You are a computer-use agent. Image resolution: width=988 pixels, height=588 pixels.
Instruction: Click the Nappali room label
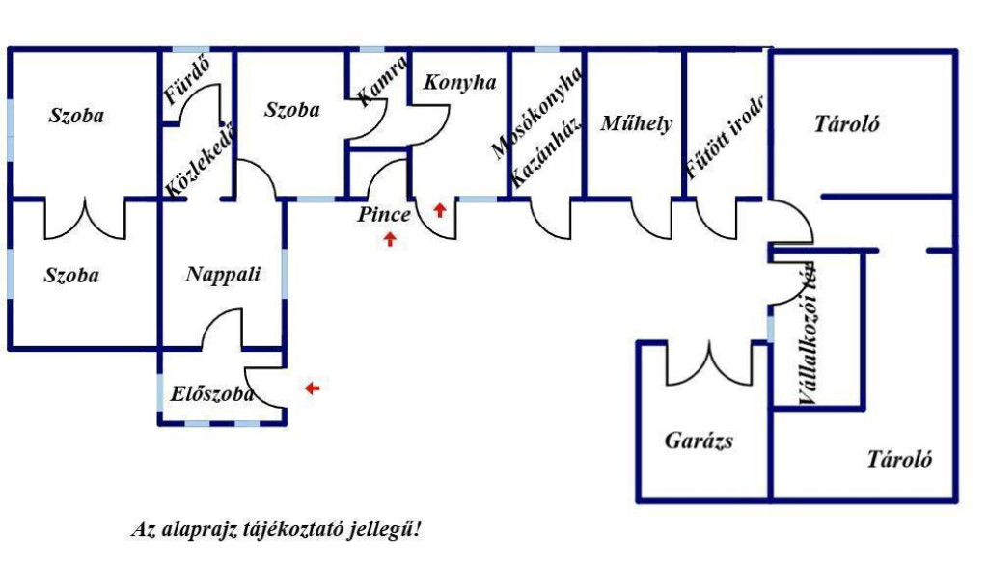point(223,275)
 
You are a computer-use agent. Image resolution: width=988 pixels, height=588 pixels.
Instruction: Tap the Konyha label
point(460,82)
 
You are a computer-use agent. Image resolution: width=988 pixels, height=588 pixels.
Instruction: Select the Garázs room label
point(699,441)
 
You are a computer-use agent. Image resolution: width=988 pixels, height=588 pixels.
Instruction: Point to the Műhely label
point(637,122)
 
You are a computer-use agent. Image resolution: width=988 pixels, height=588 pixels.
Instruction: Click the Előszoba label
point(212,394)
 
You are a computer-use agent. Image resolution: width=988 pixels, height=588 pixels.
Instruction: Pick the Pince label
point(384,214)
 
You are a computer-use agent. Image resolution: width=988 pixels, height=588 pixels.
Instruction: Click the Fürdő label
point(187,81)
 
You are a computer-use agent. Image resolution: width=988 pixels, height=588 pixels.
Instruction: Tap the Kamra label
point(381,82)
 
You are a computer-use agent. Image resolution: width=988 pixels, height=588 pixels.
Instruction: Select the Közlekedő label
point(200,161)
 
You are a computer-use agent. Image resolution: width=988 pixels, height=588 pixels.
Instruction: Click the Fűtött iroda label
point(725,137)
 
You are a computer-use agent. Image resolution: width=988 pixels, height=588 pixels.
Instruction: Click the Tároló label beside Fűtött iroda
point(846,123)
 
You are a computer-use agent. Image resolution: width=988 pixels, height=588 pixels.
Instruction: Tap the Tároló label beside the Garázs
point(899,458)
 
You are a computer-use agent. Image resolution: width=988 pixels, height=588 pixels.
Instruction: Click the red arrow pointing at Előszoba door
point(313,388)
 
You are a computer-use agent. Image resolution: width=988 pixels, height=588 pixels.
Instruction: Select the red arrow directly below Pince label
point(390,239)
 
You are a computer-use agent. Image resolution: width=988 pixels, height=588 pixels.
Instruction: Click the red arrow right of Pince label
point(440,210)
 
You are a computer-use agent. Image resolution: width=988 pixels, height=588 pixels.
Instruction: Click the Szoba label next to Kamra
point(291,110)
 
